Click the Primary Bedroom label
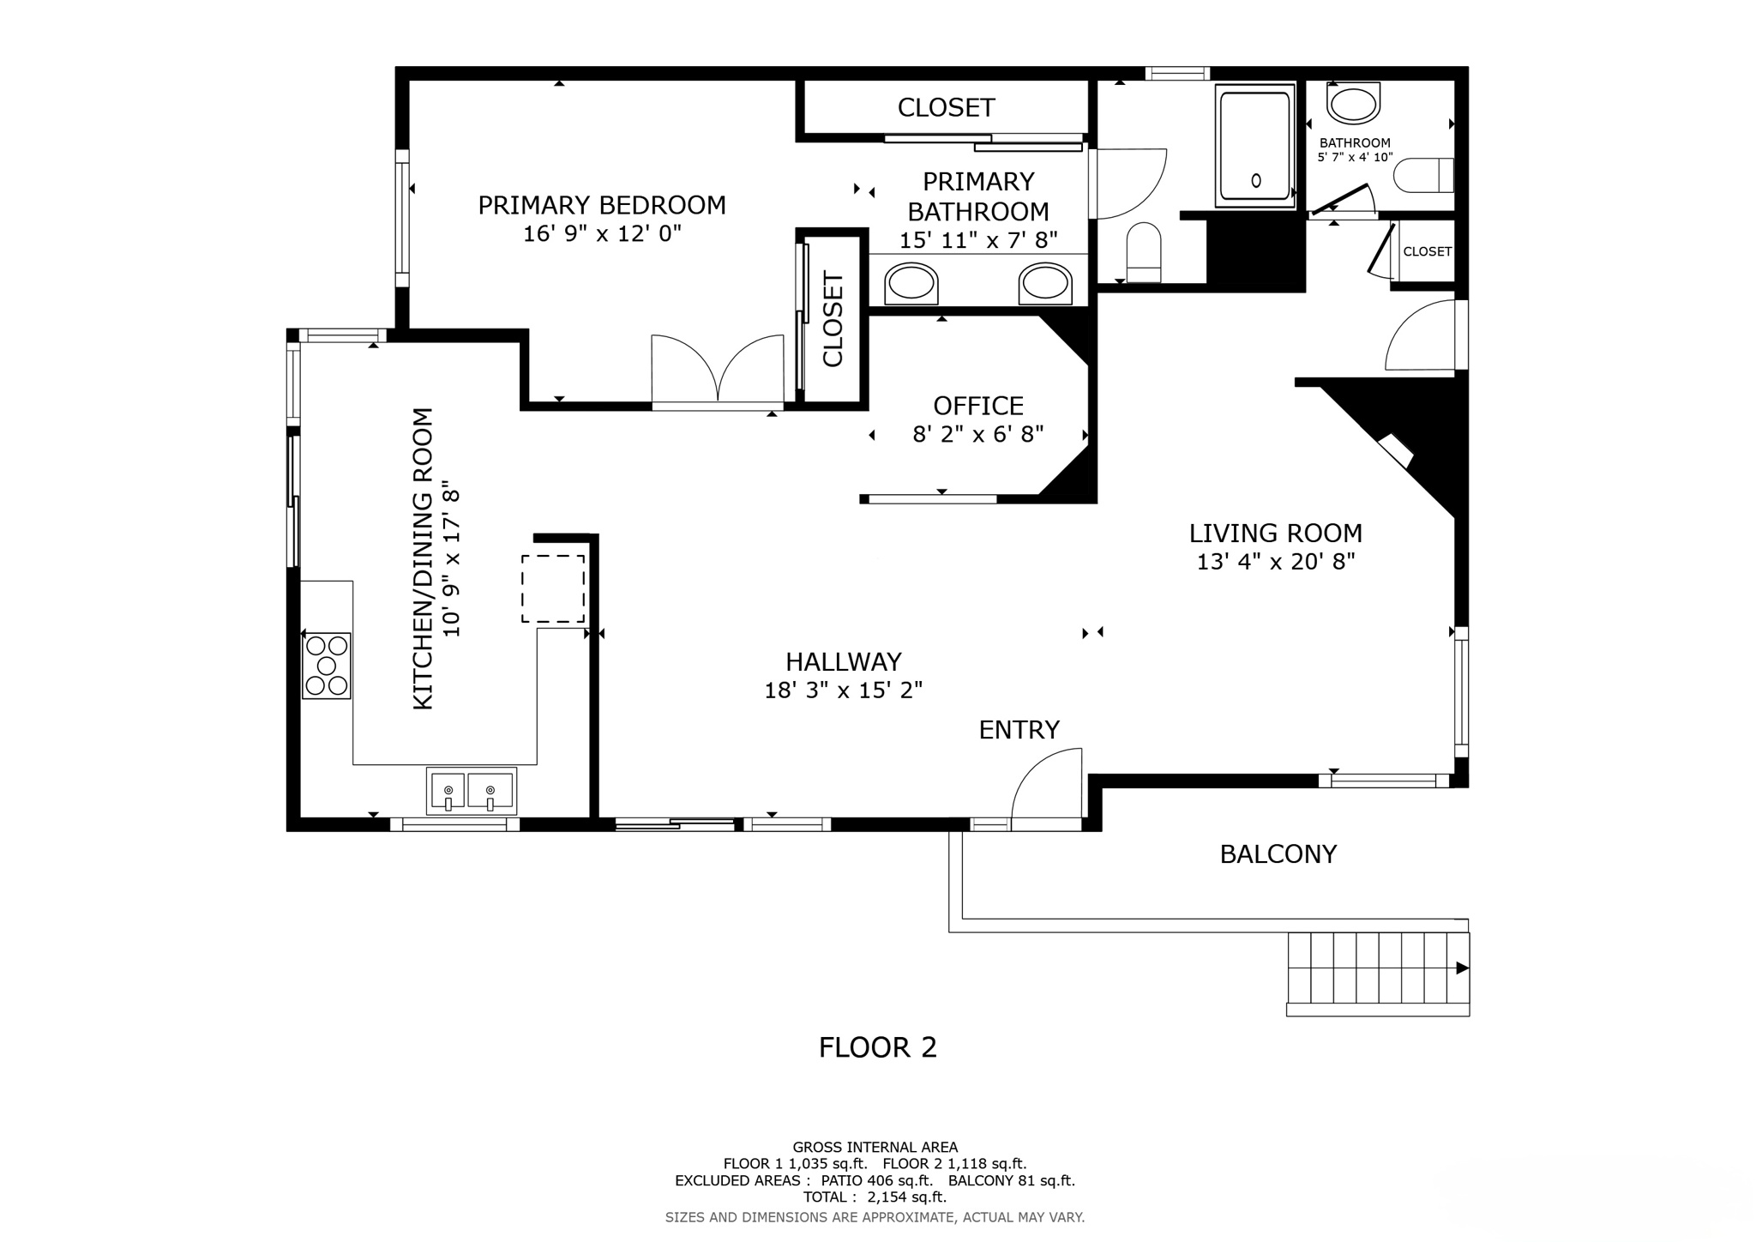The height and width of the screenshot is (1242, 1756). point(601,205)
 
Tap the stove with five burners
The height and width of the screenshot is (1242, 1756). point(327,666)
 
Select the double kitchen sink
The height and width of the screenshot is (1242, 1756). point(472,791)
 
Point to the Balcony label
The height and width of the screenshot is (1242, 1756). point(1278,854)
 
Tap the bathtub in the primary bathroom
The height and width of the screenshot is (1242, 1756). point(1254,147)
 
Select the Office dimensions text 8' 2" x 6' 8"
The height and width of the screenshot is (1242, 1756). point(977,435)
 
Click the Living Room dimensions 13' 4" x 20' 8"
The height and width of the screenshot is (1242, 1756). point(1275,563)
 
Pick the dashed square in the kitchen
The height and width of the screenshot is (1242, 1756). point(553,588)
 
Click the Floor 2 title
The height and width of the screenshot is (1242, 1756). point(877,1047)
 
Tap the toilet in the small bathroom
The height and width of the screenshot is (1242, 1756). point(1424,175)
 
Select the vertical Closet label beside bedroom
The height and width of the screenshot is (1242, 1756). point(833,319)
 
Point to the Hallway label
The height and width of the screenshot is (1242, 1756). point(843,661)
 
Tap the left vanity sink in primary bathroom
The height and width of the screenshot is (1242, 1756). point(911,284)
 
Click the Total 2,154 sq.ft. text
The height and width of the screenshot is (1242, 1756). point(874,1197)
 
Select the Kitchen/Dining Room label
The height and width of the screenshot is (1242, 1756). point(423,558)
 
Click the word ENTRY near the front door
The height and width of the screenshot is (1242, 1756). point(1019,730)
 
